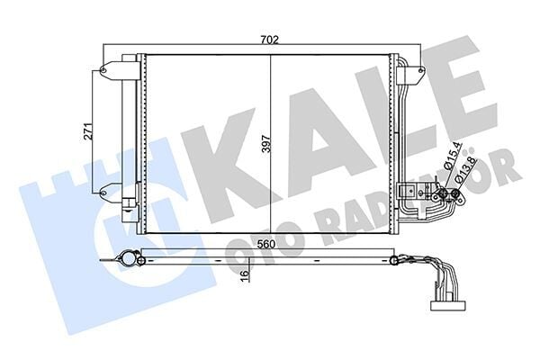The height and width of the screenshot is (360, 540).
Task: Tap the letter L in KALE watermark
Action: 400,103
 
